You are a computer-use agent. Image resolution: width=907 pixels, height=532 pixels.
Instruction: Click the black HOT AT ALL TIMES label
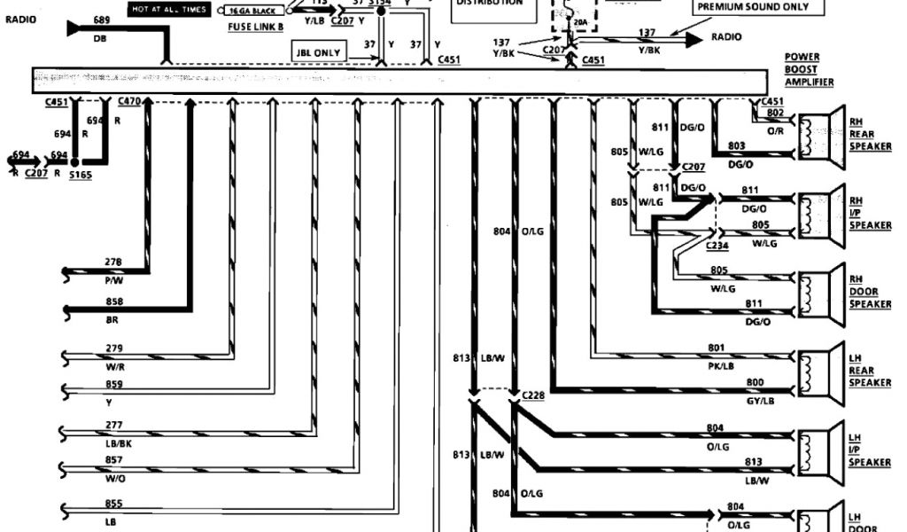(x=168, y=10)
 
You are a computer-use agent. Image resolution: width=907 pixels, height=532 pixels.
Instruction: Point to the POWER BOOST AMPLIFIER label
(x=809, y=69)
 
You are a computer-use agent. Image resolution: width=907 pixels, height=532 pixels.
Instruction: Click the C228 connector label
(x=533, y=395)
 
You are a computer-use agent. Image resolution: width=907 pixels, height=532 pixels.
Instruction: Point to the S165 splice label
(x=81, y=176)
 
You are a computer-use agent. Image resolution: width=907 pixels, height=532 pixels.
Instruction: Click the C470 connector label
(x=128, y=102)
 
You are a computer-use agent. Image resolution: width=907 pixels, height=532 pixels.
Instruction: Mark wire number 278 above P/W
(x=113, y=262)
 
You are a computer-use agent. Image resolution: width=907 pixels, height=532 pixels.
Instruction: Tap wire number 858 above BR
(x=114, y=301)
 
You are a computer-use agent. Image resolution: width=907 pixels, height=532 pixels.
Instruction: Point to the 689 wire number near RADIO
(x=102, y=20)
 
